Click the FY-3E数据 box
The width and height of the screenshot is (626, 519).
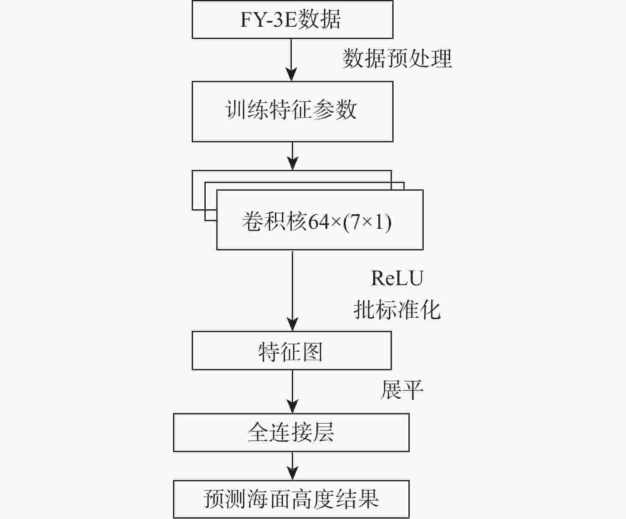pos(292,19)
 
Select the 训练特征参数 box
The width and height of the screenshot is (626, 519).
pos(292,111)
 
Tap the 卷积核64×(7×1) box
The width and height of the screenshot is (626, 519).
pos(319,220)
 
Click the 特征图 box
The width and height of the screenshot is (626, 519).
pos(291,351)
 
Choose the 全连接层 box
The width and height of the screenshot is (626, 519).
pos(291,433)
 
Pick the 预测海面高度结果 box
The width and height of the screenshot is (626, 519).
pos(291,499)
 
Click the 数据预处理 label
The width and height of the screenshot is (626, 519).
pos(397,58)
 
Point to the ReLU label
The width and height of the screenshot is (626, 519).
pos(397,278)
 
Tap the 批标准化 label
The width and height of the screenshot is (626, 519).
pos(397,310)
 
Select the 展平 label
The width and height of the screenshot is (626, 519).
pos(401,390)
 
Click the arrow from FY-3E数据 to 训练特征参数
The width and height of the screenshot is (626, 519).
pos(292,60)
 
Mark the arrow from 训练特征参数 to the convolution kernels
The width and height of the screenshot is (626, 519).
pos(292,156)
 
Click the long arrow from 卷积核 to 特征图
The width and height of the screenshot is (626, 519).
pos(292,290)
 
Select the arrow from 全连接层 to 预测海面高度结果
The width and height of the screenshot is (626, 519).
pos(292,466)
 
